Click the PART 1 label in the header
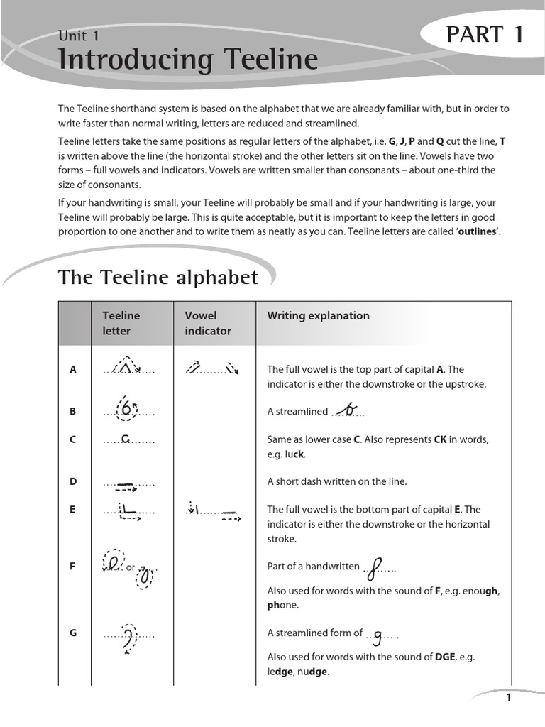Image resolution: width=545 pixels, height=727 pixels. tap(485, 34)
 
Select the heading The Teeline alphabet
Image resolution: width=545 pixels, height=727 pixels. tap(158, 277)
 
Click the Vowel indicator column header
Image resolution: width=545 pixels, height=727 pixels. tap(208, 323)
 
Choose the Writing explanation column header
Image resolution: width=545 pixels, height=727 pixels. tap(318, 316)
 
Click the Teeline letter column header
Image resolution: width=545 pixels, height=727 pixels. tap(121, 323)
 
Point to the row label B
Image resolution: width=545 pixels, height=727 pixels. tap(73, 411)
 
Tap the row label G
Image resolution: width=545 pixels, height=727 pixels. tap(73, 633)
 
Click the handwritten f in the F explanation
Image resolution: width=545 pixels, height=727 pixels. tap(378, 566)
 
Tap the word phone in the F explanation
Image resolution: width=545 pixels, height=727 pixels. tap(283, 605)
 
